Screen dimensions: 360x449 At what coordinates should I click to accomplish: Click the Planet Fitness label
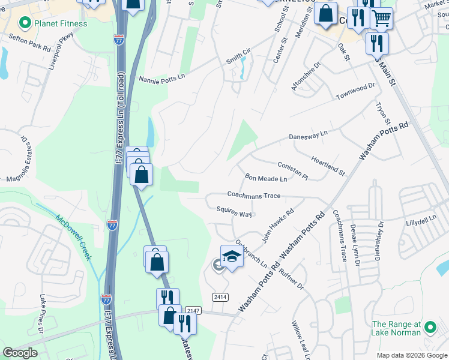coord(61,24)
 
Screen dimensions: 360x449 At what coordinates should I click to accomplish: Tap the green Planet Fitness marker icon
coord(25,24)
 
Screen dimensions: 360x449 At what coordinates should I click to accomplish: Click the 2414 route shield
coord(220,297)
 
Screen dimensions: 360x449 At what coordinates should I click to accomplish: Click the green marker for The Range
coord(429,328)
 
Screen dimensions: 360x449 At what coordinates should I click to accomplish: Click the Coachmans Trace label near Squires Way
coord(254,195)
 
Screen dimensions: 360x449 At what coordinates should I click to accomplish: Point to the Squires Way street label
coord(234,213)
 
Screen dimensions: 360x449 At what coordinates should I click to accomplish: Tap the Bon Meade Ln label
coord(266,178)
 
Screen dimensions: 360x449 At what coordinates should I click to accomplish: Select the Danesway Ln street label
coord(309,135)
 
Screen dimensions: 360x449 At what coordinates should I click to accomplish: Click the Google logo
coord(20,353)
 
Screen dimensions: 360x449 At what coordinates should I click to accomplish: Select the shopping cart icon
coord(381,19)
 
